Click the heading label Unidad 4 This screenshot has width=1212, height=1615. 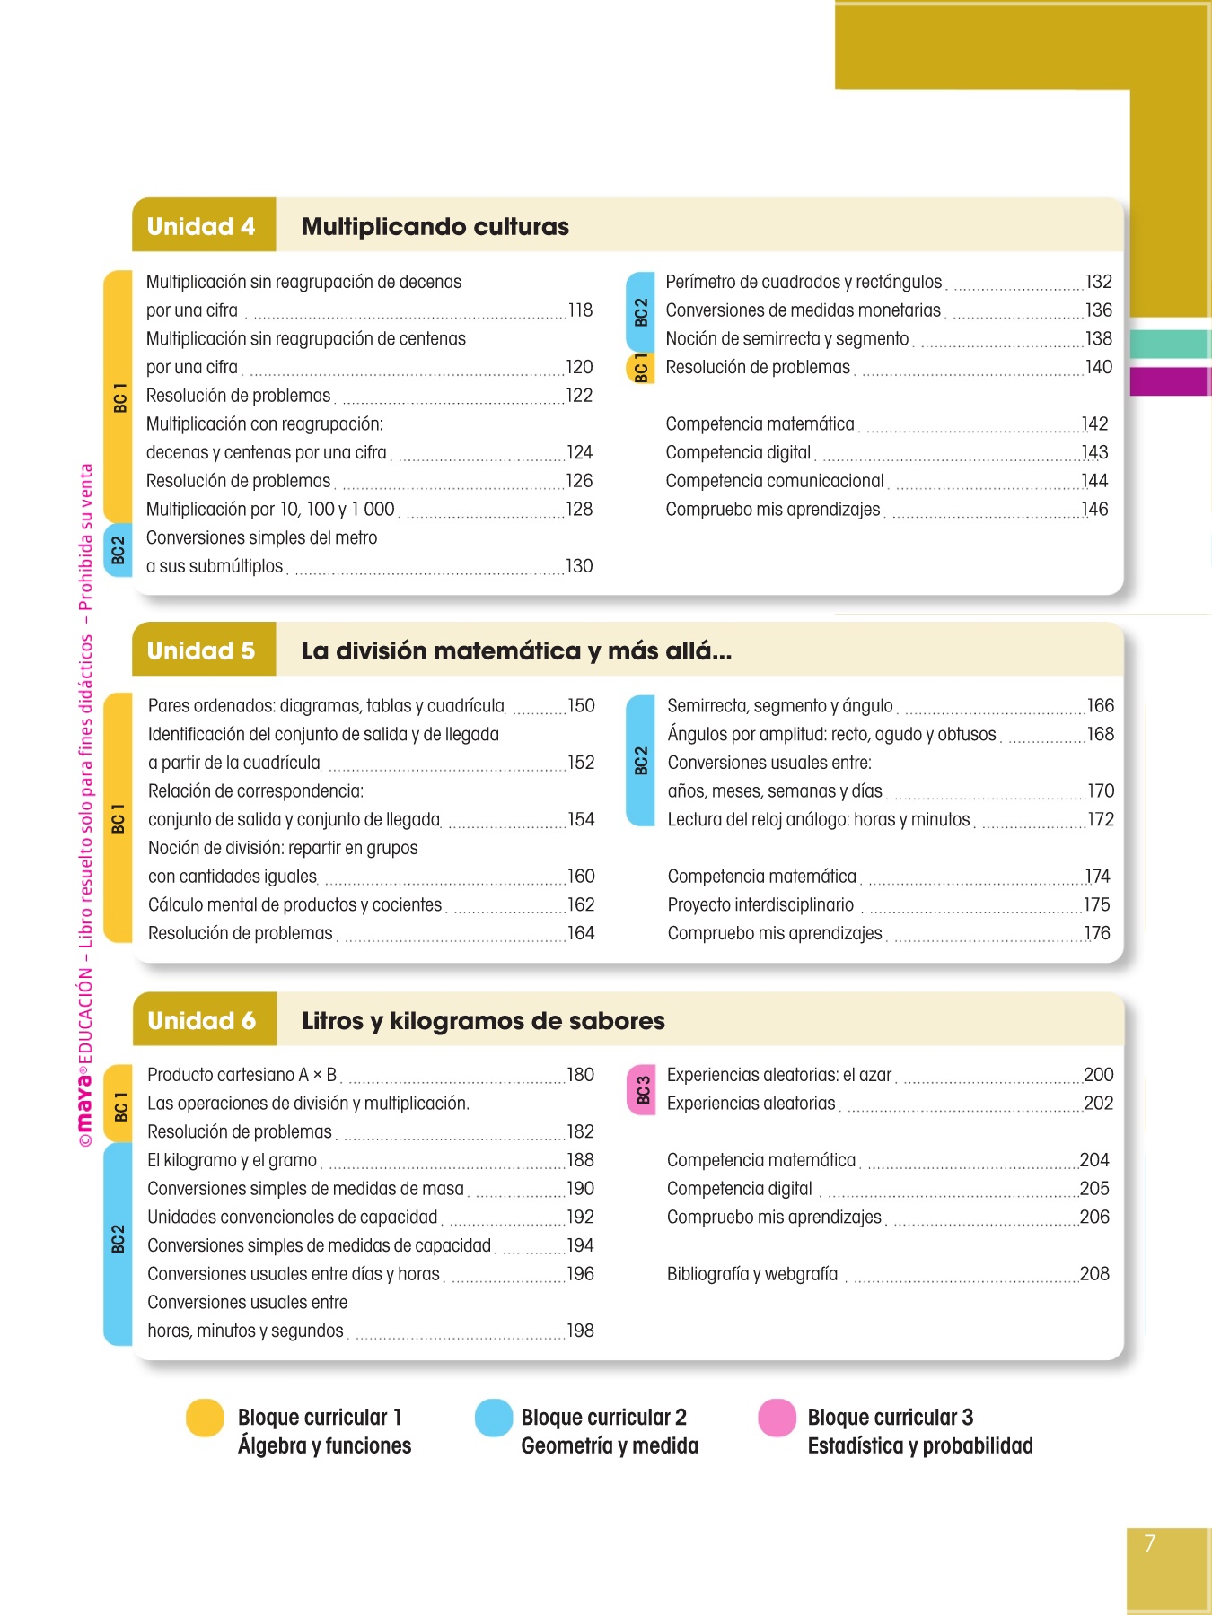(x=201, y=226)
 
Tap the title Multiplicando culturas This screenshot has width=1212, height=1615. (x=435, y=226)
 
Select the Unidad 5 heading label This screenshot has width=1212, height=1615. (x=201, y=650)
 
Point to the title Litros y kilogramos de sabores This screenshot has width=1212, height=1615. (x=483, y=1021)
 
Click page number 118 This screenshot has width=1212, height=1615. (x=580, y=310)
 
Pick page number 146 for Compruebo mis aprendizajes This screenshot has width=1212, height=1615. (x=1095, y=510)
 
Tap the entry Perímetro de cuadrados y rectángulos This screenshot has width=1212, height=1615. (x=804, y=282)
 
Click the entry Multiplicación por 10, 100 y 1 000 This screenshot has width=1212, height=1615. (x=270, y=510)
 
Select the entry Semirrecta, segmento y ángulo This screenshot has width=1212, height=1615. (x=779, y=706)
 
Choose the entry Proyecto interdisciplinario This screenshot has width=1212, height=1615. (x=760, y=905)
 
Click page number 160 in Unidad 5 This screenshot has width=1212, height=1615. (x=581, y=877)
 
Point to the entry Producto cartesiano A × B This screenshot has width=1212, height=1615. (x=242, y=1075)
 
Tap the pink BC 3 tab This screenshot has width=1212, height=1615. (x=642, y=1089)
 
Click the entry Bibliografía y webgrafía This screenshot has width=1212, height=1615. (x=751, y=1274)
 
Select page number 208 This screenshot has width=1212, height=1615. (x=1094, y=1274)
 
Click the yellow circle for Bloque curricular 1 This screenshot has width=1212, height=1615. (x=205, y=1418)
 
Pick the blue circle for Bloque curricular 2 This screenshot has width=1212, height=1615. (x=494, y=1418)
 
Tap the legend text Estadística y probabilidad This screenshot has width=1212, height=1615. (x=920, y=1446)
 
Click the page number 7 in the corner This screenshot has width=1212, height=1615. (x=1150, y=1543)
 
